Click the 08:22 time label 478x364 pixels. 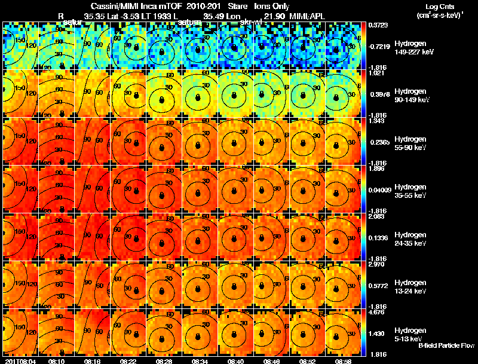tap(130, 361)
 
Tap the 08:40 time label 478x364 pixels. tap(237, 361)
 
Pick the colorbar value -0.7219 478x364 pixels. tap(379, 45)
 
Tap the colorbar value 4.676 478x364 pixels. tap(379, 311)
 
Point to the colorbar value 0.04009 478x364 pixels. tap(381, 189)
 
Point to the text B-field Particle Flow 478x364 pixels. tap(446, 345)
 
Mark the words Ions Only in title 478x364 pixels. tap(272, 6)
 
